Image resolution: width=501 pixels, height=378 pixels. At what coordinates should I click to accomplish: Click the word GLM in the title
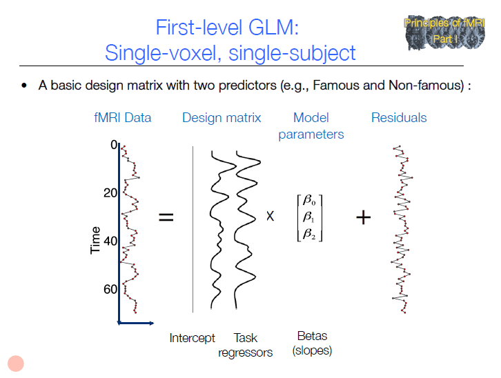click(273, 28)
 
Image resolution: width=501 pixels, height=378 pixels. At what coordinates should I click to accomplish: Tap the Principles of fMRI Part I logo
click(445, 32)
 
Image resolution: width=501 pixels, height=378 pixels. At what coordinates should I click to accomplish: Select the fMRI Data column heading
click(122, 117)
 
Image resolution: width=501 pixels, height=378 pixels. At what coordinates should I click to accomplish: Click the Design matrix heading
click(222, 117)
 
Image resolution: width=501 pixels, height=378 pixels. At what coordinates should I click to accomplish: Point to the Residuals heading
click(399, 117)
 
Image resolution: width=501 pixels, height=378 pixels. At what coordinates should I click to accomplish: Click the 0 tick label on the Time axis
click(113, 145)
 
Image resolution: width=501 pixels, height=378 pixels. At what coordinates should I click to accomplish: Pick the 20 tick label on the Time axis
click(110, 193)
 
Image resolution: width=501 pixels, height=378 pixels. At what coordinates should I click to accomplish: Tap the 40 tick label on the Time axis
click(110, 241)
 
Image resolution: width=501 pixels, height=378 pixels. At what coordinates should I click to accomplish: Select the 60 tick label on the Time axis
click(110, 289)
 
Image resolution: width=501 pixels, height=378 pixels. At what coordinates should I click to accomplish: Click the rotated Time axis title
click(95, 240)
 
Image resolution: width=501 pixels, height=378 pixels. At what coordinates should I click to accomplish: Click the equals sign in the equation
click(166, 217)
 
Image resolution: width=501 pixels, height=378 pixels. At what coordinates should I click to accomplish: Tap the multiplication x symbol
click(270, 216)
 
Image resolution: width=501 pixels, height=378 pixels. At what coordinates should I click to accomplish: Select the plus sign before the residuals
click(363, 217)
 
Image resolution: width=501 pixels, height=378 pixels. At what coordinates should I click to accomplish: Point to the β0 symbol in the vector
click(309, 200)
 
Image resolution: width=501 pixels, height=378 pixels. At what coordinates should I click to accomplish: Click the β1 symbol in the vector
click(308, 217)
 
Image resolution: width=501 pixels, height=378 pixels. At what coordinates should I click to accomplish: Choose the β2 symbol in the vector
click(309, 234)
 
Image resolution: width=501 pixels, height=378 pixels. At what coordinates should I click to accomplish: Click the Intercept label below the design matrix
click(192, 338)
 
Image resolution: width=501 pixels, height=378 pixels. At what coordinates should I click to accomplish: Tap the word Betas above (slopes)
click(312, 336)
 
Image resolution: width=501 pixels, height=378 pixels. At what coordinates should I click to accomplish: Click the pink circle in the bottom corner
click(16, 364)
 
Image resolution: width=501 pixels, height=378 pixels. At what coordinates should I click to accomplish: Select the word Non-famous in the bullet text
click(426, 86)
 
